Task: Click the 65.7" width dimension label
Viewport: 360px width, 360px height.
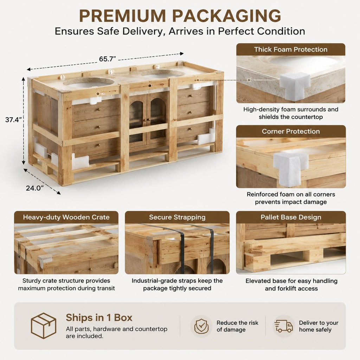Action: tap(107, 59)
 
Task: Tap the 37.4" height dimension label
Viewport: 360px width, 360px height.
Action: tap(13, 120)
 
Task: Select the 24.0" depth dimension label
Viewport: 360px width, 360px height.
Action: tap(35, 188)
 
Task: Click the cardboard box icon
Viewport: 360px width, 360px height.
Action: tap(44, 326)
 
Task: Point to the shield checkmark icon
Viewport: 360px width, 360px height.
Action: tap(201, 326)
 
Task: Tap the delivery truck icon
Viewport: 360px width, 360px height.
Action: tap(284, 326)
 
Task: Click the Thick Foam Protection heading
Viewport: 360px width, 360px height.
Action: tap(291, 49)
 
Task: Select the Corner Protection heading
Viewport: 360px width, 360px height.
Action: tap(291, 131)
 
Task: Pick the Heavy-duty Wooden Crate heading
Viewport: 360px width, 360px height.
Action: tap(66, 217)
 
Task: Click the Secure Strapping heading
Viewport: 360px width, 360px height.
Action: tap(177, 217)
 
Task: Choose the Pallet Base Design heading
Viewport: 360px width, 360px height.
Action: tap(291, 217)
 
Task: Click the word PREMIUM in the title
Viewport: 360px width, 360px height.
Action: tap(122, 16)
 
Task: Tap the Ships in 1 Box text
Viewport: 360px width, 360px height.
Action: tap(99, 317)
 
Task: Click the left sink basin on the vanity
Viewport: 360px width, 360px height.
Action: tap(89, 82)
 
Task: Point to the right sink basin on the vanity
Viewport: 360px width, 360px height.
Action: tap(163, 74)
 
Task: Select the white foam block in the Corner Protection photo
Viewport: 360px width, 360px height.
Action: tap(290, 168)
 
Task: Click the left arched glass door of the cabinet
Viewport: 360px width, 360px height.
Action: tap(138, 120)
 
